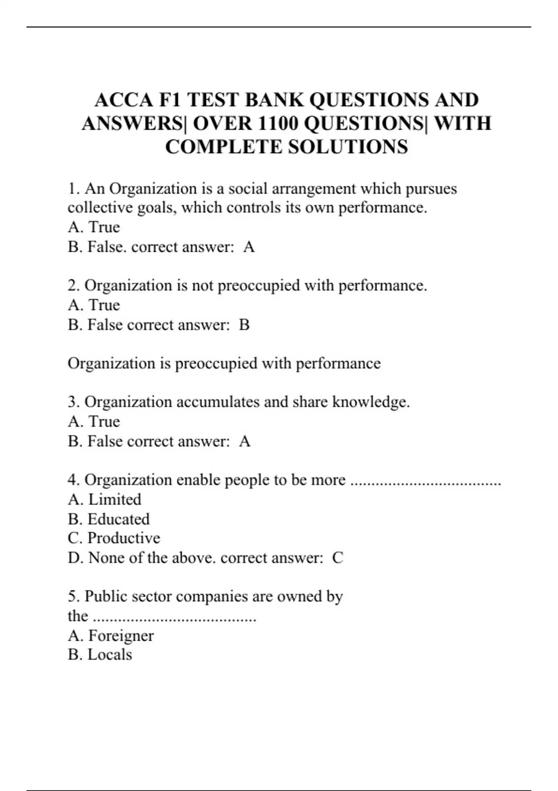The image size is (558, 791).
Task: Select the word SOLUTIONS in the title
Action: coord(348,147)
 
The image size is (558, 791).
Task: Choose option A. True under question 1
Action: coord(94,227)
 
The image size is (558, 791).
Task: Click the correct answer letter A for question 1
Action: coord(249,247)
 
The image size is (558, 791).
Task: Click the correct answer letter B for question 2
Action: coord(244,325)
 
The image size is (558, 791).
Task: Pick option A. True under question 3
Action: coord(94,422)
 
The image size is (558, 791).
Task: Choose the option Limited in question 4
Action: coord(114,500)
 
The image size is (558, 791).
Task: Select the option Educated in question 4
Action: coord(119,519)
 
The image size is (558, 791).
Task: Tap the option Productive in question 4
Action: coord(124,538)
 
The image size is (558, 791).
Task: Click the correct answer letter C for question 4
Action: coord(338,558)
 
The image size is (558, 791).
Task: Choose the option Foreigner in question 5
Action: coord(121,636)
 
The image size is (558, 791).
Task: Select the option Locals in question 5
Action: coord(110,655)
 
